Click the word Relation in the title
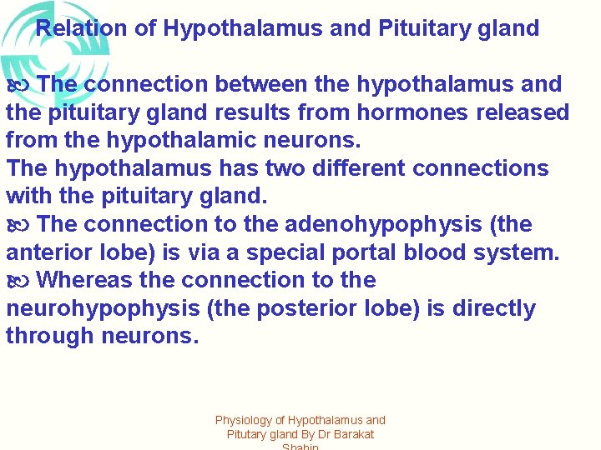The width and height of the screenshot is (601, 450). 81,28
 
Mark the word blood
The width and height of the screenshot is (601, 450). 449,252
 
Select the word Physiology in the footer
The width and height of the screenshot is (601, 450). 245,421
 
